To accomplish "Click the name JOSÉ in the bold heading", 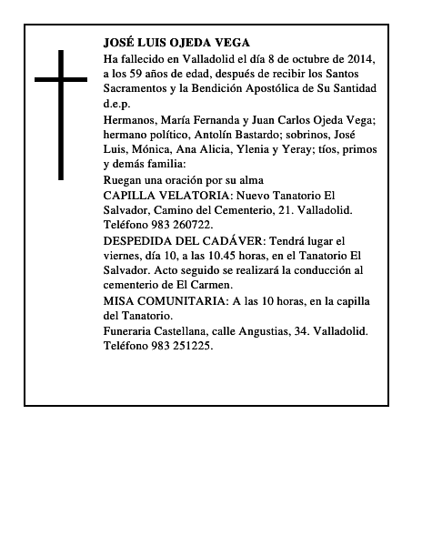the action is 122,43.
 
